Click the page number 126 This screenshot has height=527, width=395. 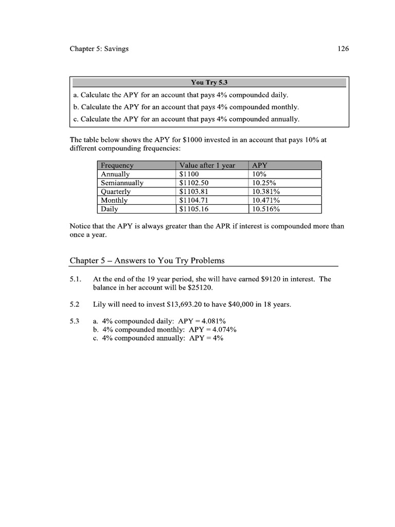tap(343, 49)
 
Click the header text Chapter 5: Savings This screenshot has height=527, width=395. tap(99, 49)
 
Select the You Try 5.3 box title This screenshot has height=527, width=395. tap(209, 82)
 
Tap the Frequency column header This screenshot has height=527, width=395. tap(117, 165)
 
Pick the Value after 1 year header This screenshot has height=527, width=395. tap(207, 165)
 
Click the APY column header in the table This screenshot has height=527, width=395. tap(260, 165)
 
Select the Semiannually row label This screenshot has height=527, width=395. tap(122, 183)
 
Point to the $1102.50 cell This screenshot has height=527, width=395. tap(195, 183)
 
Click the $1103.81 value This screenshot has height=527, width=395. tap(195, 191)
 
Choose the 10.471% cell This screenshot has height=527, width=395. tap(266, 200)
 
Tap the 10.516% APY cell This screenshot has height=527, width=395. tap(266, 209)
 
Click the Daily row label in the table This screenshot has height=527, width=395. tap(110, 209)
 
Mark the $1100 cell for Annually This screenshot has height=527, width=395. tap(189, 174)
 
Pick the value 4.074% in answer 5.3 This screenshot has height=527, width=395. tap(222, 330)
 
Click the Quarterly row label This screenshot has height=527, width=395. tap(116, 191)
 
